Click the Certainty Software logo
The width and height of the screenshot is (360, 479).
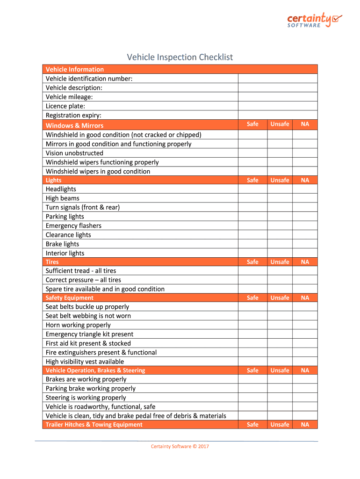pos(314,20)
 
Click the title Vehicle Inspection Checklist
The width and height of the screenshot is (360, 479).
pos(180,57)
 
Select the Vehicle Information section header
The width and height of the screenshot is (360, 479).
pos(75,69)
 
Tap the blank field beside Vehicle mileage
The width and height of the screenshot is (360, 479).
pos(278,97)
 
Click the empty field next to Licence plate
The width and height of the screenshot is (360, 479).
pos(278,106)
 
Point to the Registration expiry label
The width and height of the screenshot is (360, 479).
pos(73,115)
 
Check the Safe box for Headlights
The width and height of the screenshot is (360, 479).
pos(252,189)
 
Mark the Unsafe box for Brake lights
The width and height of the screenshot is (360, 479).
pos(280,244)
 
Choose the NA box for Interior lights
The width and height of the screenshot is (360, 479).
pos(305,253)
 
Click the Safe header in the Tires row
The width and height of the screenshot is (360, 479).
pos(252,262)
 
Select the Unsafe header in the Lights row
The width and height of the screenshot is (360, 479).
pos(280,180)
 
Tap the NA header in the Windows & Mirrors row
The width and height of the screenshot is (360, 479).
pos(305,124)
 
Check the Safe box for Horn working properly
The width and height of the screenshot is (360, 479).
pos(252,325)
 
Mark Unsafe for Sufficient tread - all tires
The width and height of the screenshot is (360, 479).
pos(280,271)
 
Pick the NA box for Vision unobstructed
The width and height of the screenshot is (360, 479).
pos(305,153)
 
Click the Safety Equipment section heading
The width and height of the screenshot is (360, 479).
pos(70,298)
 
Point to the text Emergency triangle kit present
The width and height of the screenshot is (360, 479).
pos(89,334)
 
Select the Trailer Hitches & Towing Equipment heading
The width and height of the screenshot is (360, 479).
pos(94,425)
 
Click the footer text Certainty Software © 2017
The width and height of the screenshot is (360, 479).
pos(180,446)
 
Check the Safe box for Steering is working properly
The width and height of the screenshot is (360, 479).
pos(252,398)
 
